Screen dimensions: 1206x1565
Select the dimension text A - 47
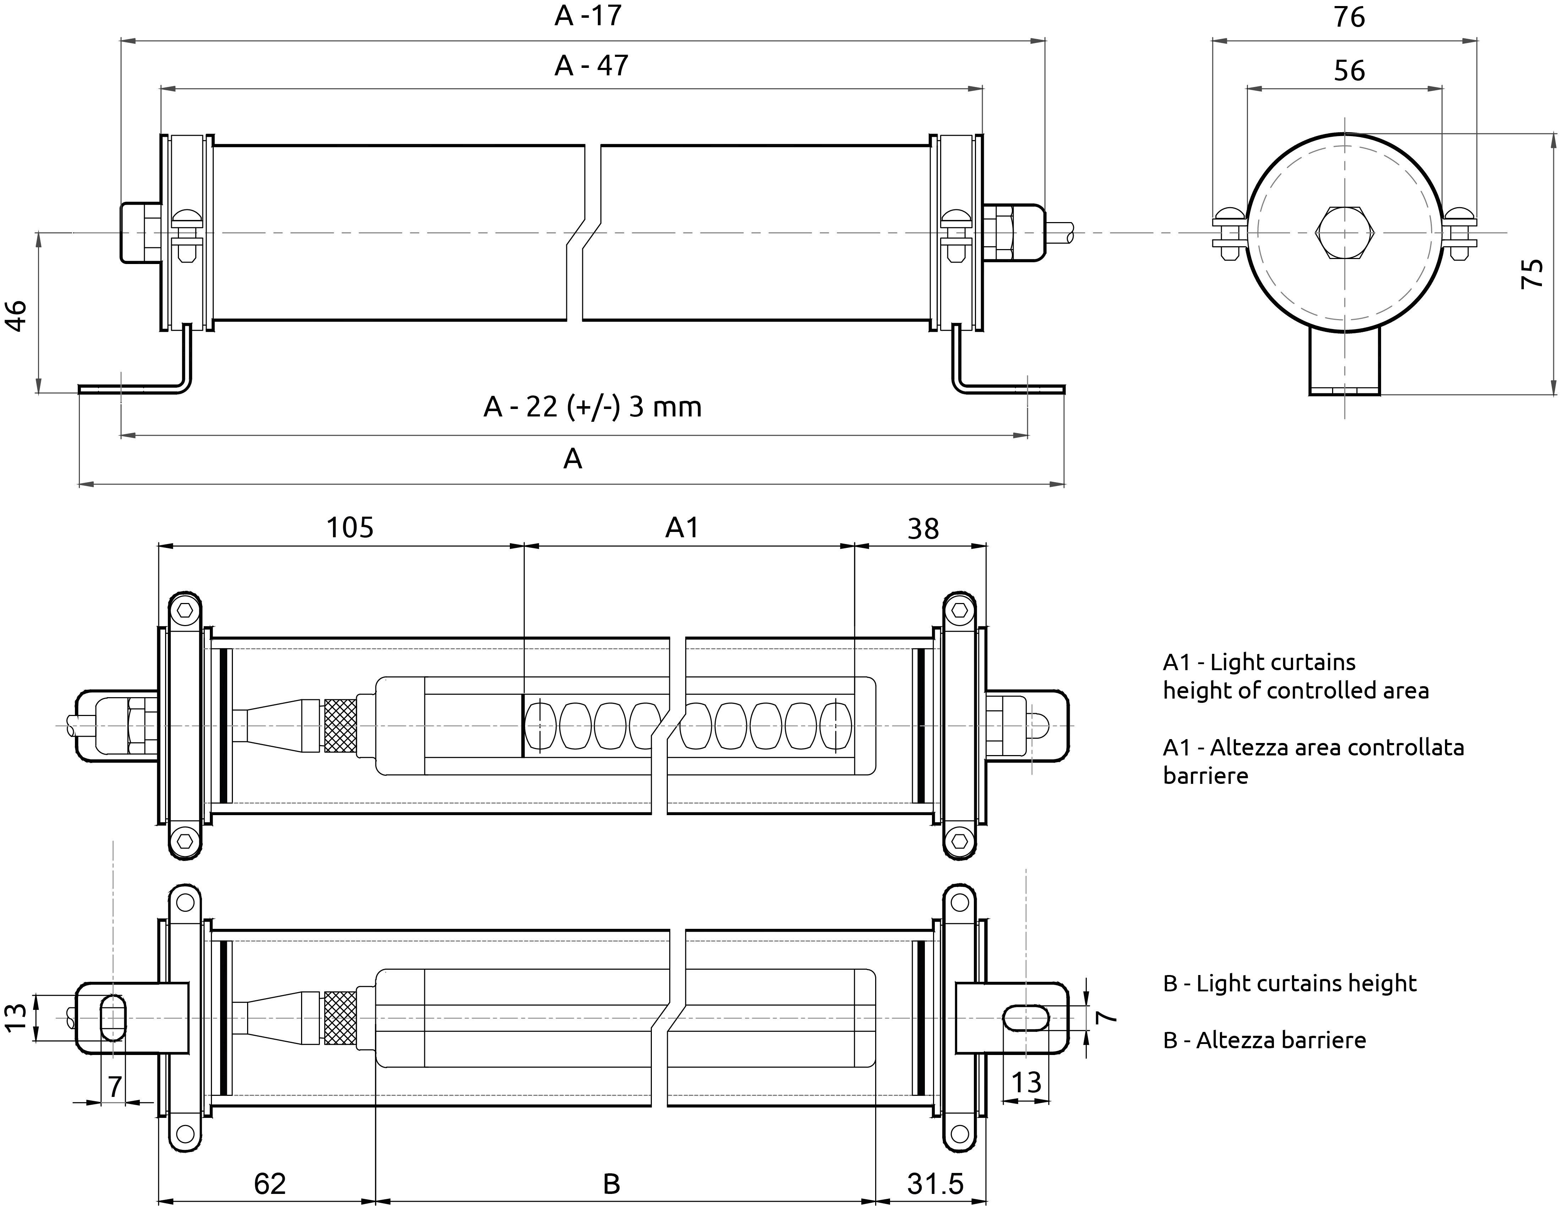[591, 66]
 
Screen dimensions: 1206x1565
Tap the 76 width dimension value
[1349, 17]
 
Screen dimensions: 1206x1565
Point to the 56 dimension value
[1349, 71]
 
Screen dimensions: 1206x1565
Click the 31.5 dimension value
[935, 1184]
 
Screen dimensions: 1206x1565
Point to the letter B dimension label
[611, 1184]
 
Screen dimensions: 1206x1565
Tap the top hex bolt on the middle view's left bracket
[185, 610]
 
